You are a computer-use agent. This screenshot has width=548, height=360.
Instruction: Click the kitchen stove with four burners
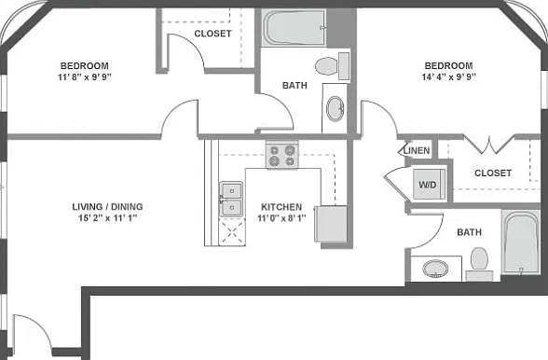[282, 154]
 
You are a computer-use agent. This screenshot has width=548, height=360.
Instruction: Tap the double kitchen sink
[231, 200]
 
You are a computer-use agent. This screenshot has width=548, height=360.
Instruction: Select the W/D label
[428, 185]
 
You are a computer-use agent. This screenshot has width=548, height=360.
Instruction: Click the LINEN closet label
[417, 151]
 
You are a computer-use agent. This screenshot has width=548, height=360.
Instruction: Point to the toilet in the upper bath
[332, 66]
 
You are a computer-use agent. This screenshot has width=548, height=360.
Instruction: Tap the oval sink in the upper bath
[336, 109]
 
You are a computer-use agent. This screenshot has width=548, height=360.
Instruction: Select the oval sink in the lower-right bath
[435, 269]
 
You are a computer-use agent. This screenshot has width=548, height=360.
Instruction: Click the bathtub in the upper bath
[295, 28]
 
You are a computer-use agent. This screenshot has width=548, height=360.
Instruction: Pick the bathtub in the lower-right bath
[521, 242]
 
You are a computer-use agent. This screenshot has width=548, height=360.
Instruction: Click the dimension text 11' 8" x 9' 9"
[85, 77]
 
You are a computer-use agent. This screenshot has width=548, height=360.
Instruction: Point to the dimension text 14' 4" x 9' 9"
[449, 77]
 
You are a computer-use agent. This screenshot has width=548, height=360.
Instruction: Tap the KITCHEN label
[281, 207]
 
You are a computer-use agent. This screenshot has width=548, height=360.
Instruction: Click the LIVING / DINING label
[107, 206]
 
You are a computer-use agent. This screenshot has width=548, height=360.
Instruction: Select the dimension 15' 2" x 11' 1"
[107, 218]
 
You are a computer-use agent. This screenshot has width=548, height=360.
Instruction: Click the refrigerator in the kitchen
[331, 224]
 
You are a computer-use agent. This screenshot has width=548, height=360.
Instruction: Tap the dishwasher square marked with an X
[232, 231]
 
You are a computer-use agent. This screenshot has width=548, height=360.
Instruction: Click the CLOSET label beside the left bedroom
[212, 34]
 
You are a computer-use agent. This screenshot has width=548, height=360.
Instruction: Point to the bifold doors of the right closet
[489, 145]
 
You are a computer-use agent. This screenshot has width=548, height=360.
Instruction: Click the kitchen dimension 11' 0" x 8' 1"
[281, 218]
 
